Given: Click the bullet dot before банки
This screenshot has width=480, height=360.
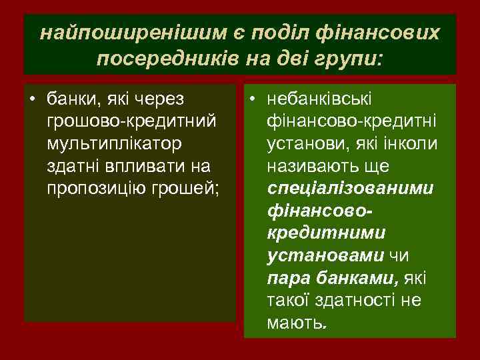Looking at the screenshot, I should [x=31, y=100].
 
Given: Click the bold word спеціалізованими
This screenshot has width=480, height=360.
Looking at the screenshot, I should [x=350, y=187].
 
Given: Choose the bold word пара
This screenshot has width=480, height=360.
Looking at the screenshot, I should [x=286, y=278].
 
